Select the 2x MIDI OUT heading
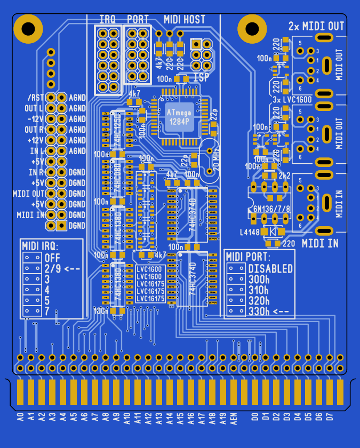(316, 26)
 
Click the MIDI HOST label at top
(185, 20)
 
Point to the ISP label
(201, 77)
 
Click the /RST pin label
(35, 98)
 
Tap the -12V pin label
(35, 119)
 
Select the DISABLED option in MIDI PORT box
(270, 268)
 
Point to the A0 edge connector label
(20, 417)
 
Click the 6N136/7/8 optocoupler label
(272, 209)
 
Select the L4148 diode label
(251, 232)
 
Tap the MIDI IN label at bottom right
(320, 244)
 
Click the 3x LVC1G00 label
(292, 100)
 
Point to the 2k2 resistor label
(284, 175)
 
